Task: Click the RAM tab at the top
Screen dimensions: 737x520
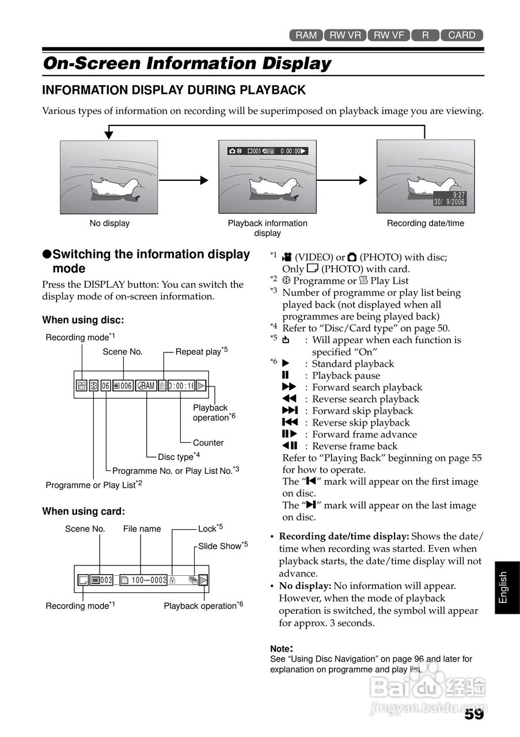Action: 306,35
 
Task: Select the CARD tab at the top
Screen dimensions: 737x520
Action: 462,35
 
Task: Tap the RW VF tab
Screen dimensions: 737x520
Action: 389,35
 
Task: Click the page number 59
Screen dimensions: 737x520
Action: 474,715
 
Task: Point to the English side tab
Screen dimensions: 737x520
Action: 503,587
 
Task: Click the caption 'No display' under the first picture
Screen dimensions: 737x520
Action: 109,223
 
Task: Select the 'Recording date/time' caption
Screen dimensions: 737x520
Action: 425,223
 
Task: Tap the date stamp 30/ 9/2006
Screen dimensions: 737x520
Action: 449,202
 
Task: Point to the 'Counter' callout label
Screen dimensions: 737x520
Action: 208,443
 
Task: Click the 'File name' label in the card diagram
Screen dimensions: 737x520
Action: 142,529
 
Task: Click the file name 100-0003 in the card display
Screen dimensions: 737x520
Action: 149,580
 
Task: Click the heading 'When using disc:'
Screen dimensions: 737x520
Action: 83,320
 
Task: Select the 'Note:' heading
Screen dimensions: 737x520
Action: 282,648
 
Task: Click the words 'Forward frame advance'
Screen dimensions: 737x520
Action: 365,434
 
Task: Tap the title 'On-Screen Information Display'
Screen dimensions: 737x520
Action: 187,63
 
